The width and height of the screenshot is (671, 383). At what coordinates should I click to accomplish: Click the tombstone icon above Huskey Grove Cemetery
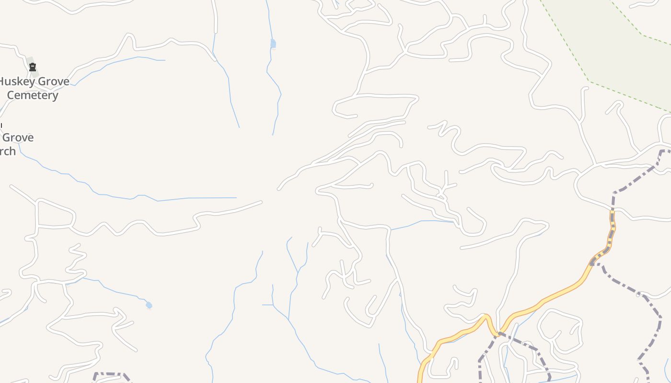point(33,68)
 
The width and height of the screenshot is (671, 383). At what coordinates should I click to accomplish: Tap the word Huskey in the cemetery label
point(17,81)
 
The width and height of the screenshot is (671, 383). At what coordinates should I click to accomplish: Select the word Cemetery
point(33,95)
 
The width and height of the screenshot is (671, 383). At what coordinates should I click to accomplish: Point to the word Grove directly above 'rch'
point(18,138)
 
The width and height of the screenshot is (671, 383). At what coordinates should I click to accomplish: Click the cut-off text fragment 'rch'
point(8,151)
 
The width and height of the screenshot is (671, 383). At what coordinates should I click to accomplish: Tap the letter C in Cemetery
point(11,95)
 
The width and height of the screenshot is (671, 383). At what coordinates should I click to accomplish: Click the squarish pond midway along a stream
point(273,44)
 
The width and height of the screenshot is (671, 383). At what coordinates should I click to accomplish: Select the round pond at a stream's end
point(149,305)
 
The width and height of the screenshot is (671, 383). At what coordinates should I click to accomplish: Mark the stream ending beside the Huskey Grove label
point(120,59)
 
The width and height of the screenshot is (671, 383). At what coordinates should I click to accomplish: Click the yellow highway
point(551,297)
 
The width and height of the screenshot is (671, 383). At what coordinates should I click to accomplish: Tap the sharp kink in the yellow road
point(487,317)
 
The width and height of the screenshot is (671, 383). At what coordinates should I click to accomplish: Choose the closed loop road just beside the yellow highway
point(558,330)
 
